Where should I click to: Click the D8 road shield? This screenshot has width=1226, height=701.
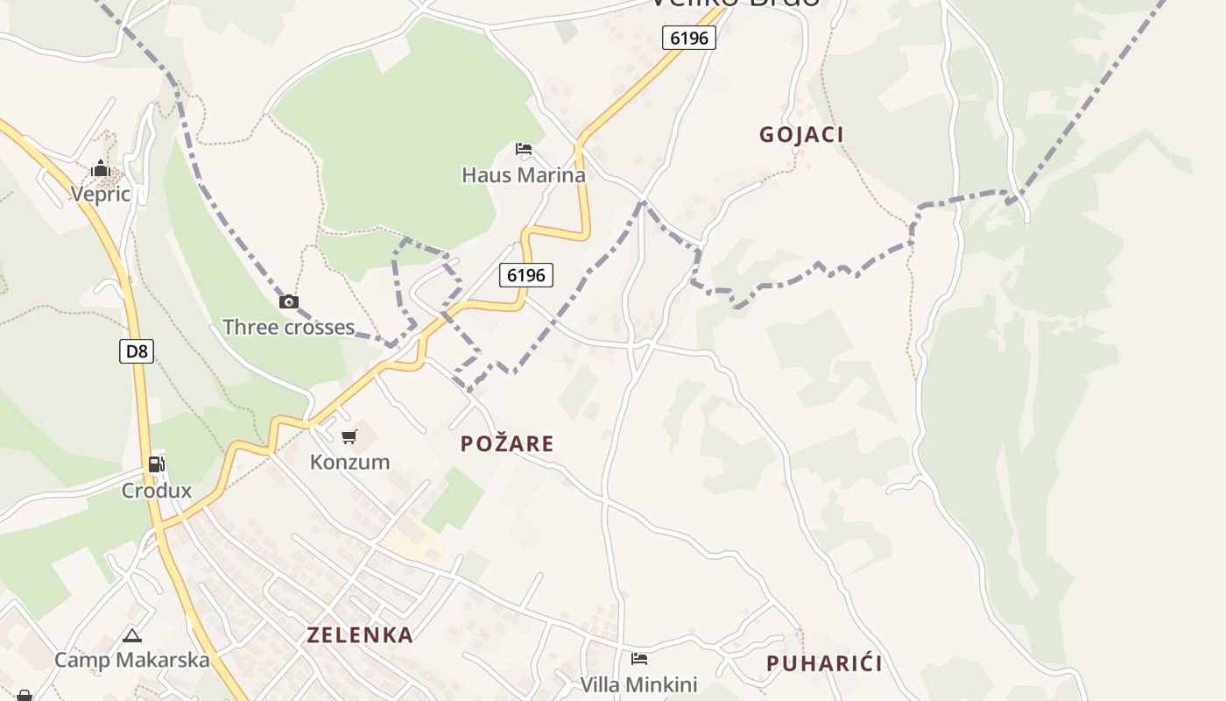137,351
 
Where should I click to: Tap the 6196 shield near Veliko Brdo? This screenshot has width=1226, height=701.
689,38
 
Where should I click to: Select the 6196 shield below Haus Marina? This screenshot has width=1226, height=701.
526,275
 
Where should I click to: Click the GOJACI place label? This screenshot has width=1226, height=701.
801,135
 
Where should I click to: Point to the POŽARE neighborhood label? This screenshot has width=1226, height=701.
507,444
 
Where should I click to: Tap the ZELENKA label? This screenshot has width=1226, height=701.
360,635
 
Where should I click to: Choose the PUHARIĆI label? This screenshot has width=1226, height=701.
824,663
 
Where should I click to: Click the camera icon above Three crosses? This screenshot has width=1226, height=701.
288,301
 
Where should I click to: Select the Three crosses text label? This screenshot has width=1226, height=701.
288,328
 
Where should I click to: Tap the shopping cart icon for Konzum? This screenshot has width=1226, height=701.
349,436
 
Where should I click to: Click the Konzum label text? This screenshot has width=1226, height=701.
349,462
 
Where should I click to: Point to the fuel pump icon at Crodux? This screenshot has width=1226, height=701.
156,464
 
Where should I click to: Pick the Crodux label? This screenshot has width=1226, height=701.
156,491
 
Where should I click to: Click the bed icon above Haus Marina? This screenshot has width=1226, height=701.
524,149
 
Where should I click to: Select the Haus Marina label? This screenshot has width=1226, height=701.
524,175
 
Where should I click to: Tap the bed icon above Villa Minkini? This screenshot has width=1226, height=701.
639,658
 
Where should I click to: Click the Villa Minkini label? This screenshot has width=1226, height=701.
639,684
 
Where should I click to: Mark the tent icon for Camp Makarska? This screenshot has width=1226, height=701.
132,635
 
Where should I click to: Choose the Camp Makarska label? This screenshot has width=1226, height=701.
132,660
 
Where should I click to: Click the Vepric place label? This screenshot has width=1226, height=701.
101,194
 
